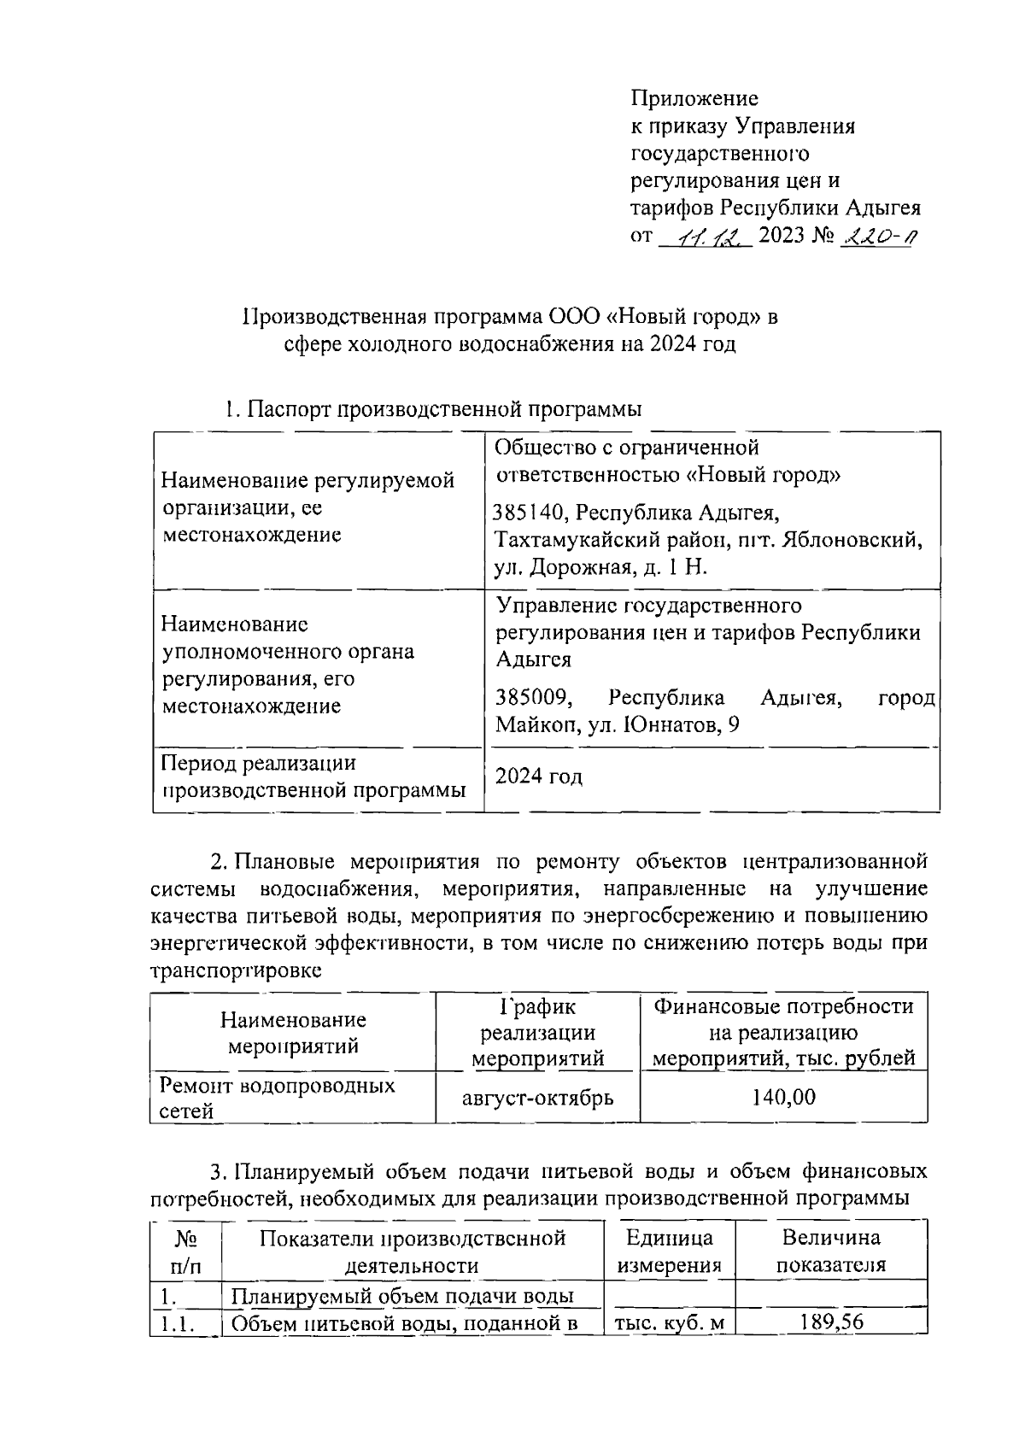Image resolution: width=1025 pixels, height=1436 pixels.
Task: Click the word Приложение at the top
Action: pos(694,98)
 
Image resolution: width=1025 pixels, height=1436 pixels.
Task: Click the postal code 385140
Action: pos(530,513)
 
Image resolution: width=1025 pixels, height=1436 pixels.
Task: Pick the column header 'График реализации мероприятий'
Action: pos(538,1032)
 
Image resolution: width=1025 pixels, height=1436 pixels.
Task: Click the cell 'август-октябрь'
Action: pos(538,1098)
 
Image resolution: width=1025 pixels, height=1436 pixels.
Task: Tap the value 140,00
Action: pos(783,1097)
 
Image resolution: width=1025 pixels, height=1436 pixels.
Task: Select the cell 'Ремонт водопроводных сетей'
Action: pos(278,1098)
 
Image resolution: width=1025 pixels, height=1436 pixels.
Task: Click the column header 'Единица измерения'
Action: pos(669,1251)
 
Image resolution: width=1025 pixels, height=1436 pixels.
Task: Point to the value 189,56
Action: pos(831,1322)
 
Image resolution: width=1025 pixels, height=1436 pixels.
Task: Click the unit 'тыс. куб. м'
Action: pos(669,1324)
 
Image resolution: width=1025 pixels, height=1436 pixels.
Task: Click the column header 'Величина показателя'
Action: pos(830,1251)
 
